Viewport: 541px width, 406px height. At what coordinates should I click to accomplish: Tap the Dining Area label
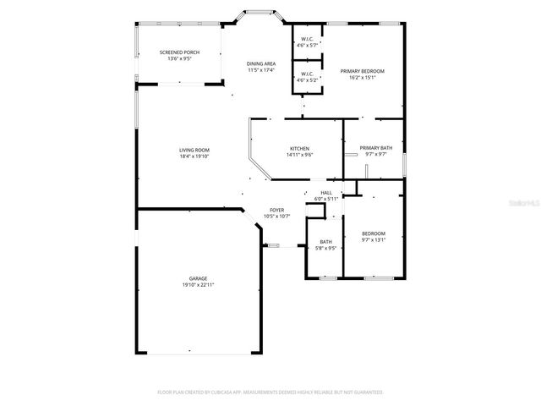(x=261, y=64)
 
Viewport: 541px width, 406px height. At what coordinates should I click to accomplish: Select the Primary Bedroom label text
(x=363, y=71)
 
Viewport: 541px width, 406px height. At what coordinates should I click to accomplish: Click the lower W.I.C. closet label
(x=306, y=74)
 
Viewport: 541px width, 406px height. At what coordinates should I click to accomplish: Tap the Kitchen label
(x=300, y=149)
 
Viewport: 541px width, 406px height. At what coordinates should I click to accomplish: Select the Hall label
(x=325, y=193)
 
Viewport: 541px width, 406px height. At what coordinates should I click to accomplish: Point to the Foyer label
(x=276, y=210)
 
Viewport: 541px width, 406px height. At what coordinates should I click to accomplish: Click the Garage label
(x=199, y=278)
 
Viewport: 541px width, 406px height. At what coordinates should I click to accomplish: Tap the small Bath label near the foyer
(x=325, y=242)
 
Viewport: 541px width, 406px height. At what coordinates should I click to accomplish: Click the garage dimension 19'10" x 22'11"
(x=199, y=285)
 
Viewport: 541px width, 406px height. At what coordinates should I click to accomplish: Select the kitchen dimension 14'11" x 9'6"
(x=300, y=155)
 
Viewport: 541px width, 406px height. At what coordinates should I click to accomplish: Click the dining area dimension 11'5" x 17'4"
(x=261, y=70)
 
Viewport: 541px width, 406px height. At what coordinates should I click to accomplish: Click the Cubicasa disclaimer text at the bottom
(x=270, y=392)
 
